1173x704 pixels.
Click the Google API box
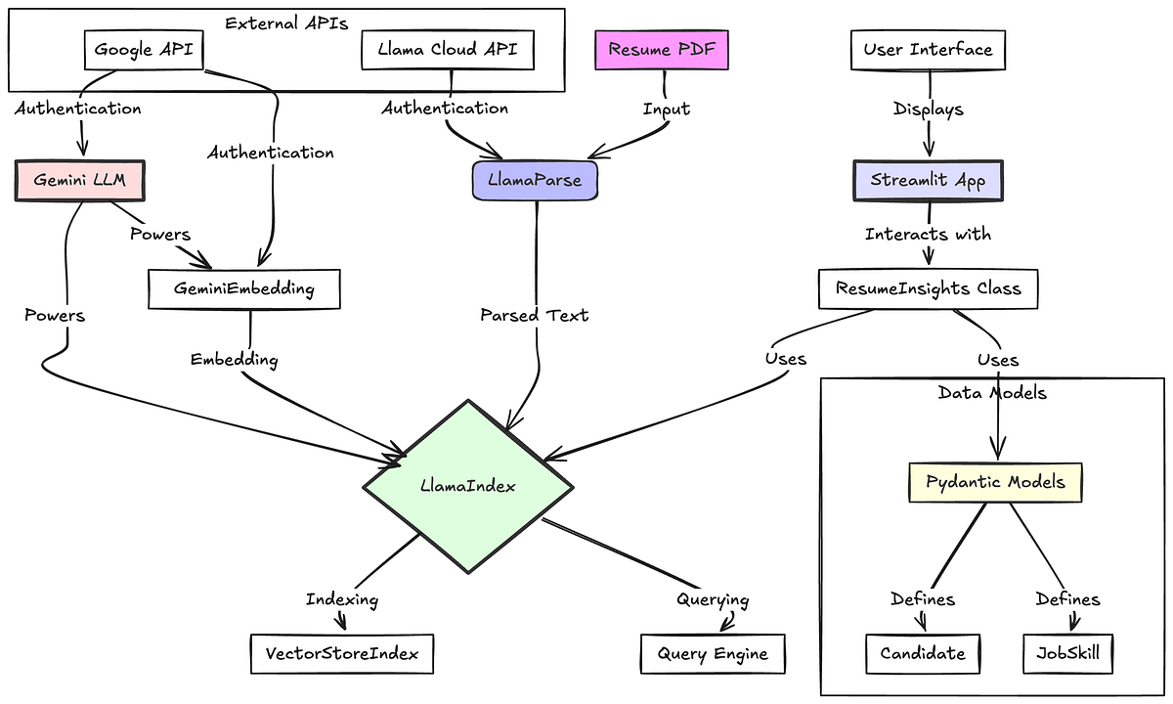pyautogui.click(x=144, y=50)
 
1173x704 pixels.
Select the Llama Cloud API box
pyautogui.click(x=448, y=50)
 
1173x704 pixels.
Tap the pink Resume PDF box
pyautogui.click(x=663, y=50)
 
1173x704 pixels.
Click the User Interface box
pyautogui.click(x=928, y=50)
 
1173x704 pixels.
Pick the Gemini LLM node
pyautogui.click(x=80, y=181)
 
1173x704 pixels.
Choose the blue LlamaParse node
pyautogui.click(x=534, y=181)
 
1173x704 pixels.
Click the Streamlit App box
pyautogui.click(x=928, y=181)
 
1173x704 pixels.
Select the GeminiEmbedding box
pyautogui.click(x=244, y=288)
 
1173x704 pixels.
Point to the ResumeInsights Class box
pyautogui.click(x=928, y=288)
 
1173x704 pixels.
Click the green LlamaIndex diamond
pyautogui.click(x=467, y=485)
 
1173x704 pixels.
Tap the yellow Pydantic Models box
pyautogui.click(x=996, y=483)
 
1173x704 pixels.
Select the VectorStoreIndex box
pyautogui.click(x=341, y=653)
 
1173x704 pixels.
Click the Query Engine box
pyautogui.click(x=713, y=653)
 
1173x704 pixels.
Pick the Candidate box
pyautogui.click(x=923, y=653)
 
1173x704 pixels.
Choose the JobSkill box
pyautogui.click(x=1067, y=653)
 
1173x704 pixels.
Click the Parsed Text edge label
pyautogui.click(x=535, y=315)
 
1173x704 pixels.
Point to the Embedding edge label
pyautogui.click(x=235, y=360)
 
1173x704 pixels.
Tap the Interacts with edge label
pyautogui.click(x=928, y=235)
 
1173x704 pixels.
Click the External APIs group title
pyautogui.click(x=286, y=23)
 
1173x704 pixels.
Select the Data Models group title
pyautogui.click(x=992, y=393)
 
